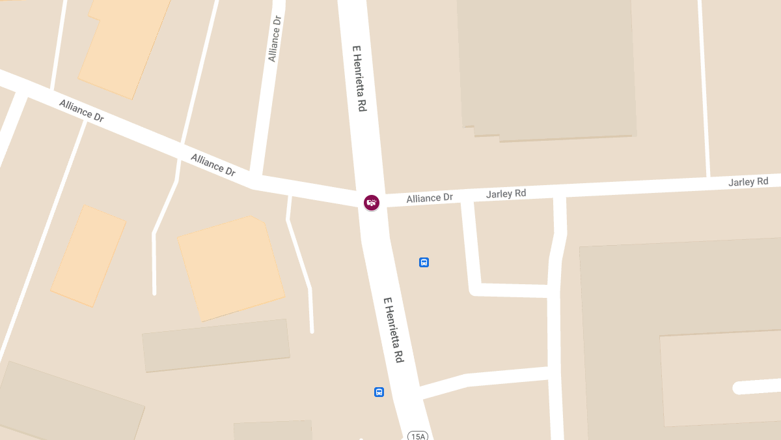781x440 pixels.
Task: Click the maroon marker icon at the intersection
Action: pyautogui.click(x=371, y=202)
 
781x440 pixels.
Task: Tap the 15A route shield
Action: pyautogui.click(x=417, y=435)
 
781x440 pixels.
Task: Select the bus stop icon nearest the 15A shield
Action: pyautogui.click(x=379, y=392)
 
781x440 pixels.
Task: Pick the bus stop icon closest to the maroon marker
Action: pyautogui.click(x=424, y=262)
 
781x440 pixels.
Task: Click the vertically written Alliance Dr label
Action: pyautogui.click(x=275, y=38)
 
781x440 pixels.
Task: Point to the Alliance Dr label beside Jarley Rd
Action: pyautogui.click(x=429, y=198)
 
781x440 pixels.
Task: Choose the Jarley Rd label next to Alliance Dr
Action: pyautogui.click(x=506, y=194)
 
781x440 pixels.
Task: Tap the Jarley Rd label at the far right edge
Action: pyautogui.click(x=748, y=181)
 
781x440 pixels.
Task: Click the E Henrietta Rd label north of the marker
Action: pyautogui.click(x=359, y=78)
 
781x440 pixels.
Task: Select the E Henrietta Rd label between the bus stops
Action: pyautogui.click(x=394, y=330)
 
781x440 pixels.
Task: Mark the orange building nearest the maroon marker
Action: pyautogui.click(x=230, y=267)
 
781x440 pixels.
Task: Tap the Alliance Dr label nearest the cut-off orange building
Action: pyautogui.click(x=81, y=111)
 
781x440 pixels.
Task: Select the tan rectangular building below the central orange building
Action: pyautogui.click(x=216, y=345)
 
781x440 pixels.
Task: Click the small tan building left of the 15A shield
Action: pyautogui.click(x=273, y=430)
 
